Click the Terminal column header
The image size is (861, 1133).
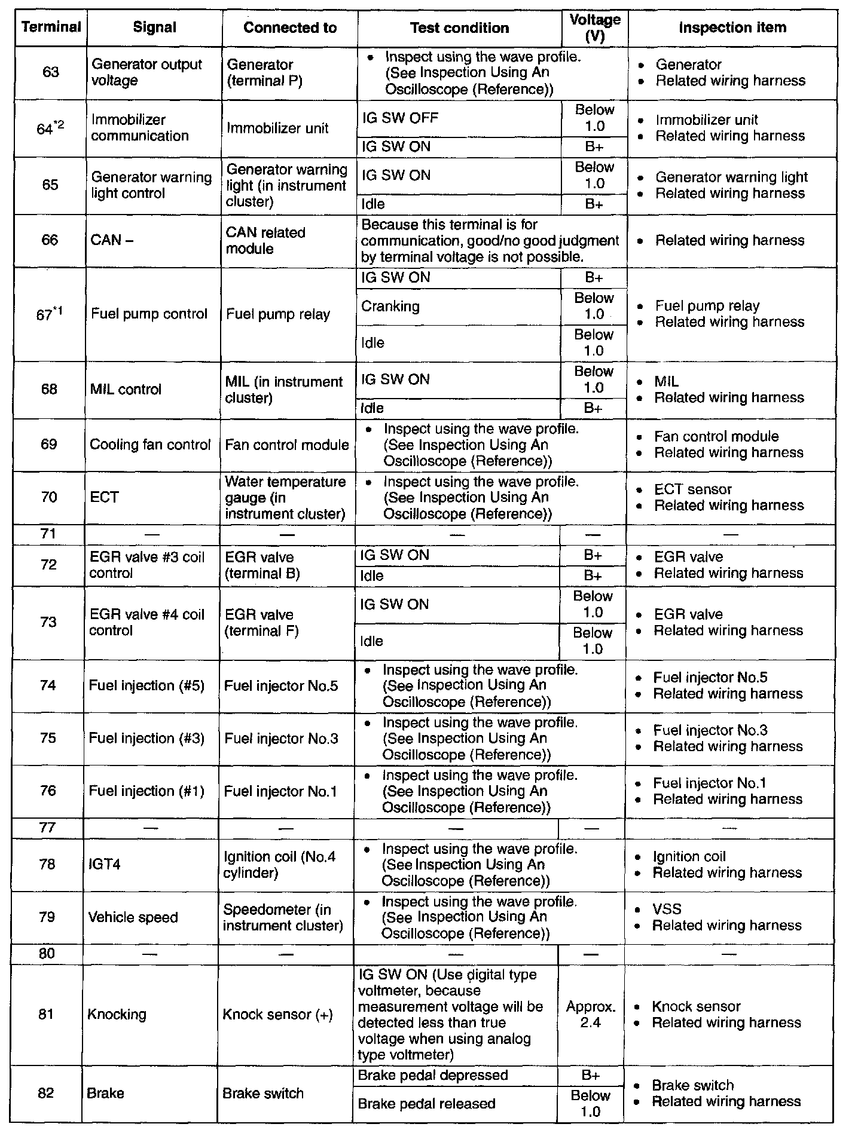[51, 27]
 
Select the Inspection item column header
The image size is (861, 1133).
[732, 27]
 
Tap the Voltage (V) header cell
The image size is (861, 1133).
[594, 27]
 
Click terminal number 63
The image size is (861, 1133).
[51, 72]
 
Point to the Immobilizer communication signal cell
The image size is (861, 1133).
[140, 128]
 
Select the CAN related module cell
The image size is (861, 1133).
[265, 241]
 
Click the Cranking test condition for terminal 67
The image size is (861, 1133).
[390, 307]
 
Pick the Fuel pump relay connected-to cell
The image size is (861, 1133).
[278, 314]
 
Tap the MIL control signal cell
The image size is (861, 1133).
[126, 390]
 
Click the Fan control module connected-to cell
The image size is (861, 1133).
[287, 445]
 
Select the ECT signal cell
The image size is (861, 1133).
[105, 498]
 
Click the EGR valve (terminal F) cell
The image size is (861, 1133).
[261, 623]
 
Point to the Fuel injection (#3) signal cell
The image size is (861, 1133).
[146, 739]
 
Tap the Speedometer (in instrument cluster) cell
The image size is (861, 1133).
[283, 918]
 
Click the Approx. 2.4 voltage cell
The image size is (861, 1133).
[591, 1014]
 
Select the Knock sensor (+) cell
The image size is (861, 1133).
[277, 1014]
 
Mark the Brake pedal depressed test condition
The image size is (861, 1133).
[432, 1076]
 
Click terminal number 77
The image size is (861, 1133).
[47, 828]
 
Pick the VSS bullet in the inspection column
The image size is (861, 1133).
[667, 910]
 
